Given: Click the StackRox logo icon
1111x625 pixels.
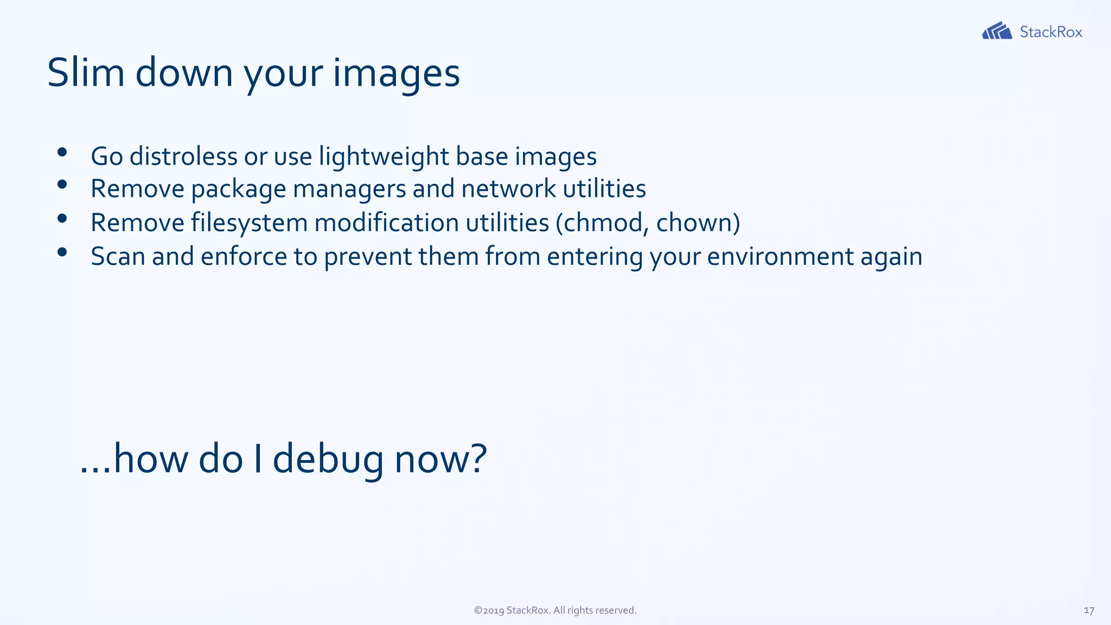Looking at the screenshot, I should coord(997,31).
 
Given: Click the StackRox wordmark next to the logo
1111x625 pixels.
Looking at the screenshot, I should coord(1051,32).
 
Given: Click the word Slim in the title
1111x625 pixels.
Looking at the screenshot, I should coord(86,73).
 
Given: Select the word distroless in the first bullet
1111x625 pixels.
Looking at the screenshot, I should coord(183,156).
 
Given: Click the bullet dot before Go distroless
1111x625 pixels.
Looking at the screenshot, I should coord(62,152).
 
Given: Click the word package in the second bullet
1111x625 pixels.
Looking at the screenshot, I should coord(238,189).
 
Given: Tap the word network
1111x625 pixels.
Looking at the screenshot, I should coord(508,189).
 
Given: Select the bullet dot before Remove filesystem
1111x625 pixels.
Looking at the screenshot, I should coord(62,219).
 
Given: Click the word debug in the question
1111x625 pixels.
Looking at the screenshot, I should coord(328,459).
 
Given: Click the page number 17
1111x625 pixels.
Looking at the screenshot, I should coord(1088,610).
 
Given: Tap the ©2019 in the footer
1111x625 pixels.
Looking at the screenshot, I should coord(489,610).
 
